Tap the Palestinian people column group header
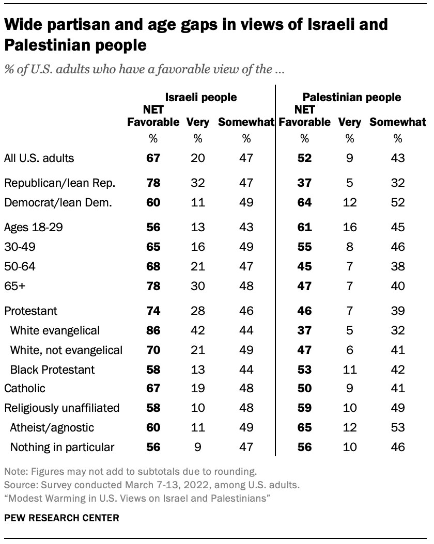pos(352,97)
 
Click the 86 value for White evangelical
pos(153,330)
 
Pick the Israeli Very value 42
pos(198,330)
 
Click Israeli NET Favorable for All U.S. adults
pos(153,158)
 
